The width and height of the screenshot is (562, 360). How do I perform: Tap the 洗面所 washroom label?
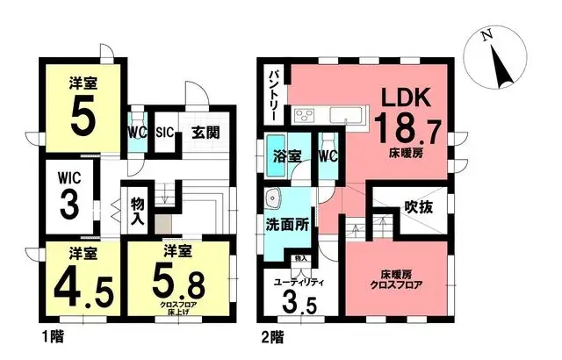pos(286,224)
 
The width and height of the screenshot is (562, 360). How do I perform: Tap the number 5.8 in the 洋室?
pos(179,280)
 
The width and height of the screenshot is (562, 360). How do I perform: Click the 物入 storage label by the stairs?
pos(137,212)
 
